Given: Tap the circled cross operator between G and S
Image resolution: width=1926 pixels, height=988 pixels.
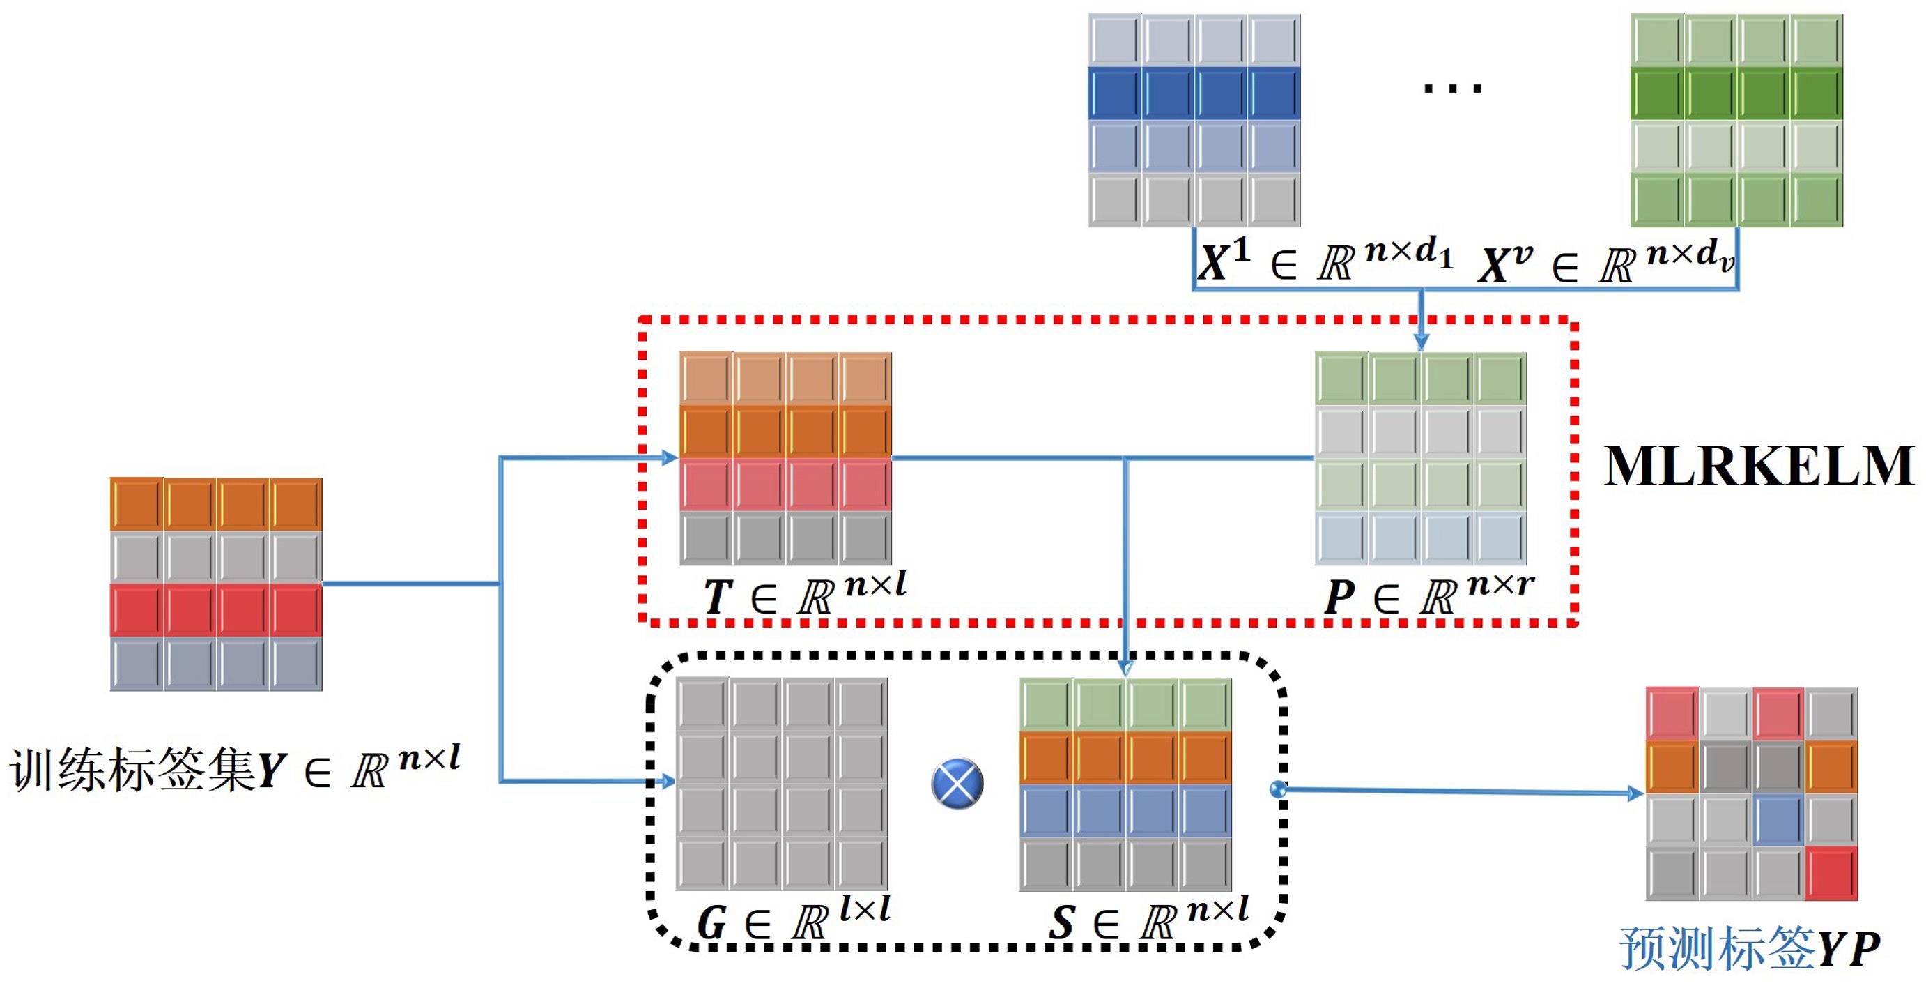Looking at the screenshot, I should [957, 783].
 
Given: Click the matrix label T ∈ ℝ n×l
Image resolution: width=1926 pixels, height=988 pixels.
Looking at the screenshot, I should [803, 594].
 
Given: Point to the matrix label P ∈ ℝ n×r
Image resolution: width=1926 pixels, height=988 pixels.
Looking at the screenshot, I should [1428, 594].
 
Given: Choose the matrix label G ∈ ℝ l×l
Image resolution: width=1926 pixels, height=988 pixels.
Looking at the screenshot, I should [792, 920].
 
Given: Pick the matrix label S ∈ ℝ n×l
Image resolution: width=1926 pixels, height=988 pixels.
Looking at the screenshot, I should [1148, 920].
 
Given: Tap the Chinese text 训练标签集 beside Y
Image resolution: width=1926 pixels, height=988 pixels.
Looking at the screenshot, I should [131, 769].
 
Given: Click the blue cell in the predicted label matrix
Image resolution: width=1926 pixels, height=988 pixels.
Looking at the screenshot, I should [1778, 819].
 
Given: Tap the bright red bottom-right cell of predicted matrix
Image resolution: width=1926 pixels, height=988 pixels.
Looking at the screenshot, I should [1831, 873].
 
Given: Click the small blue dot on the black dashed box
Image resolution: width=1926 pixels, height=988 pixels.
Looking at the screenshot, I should [1278, 789].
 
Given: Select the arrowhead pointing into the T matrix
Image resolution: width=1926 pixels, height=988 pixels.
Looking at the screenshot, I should [670, 457].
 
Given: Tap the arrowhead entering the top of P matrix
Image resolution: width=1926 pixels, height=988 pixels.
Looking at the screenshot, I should [1422, 342].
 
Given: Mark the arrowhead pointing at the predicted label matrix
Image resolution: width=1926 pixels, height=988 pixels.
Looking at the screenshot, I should [1635, 793].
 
